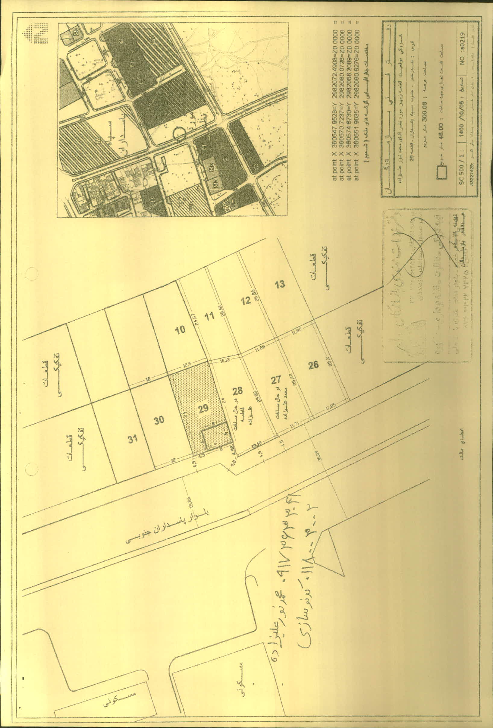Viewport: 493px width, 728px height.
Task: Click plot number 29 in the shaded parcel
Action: tap(203, 408)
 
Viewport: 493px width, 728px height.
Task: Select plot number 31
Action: tap(133, 439)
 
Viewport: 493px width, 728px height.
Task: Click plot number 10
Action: tap(180, 330)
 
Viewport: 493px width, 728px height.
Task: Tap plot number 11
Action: tap(209, 316)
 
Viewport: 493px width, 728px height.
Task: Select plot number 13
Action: tap(280, 284)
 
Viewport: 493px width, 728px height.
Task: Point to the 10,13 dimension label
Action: tap(225, 360)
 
